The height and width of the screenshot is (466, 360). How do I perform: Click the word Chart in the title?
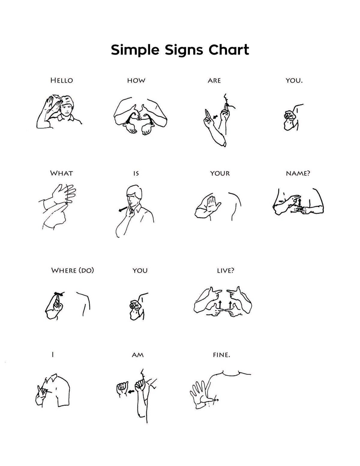[229, 50]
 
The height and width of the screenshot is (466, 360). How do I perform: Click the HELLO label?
[62, 80]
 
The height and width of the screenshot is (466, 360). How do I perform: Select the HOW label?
[136, 81]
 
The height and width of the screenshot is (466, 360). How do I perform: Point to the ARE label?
[214, 81]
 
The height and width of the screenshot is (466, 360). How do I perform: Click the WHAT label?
[61, 173]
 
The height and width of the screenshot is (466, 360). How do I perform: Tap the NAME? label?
[298, 173]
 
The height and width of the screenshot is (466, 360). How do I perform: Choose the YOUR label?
[220, 173]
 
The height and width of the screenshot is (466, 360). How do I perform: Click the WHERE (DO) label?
[72, 271]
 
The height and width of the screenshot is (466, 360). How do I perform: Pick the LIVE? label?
[226, 271]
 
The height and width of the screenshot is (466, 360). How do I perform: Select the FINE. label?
[221, 355]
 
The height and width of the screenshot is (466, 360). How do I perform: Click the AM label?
[137, 355]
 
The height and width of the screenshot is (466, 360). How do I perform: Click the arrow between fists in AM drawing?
[131, 391]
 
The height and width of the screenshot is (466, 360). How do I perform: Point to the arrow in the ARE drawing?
[215, 117]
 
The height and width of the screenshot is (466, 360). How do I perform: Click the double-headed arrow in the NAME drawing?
[300, 202]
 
